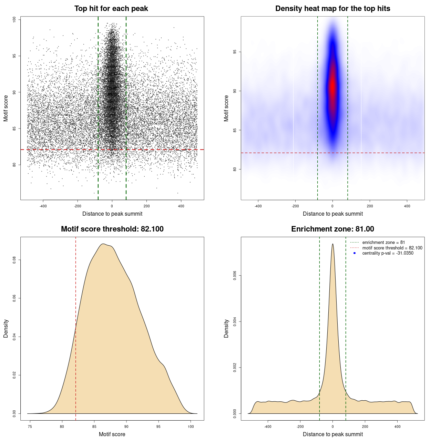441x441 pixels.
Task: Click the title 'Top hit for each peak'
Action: click(111, 9)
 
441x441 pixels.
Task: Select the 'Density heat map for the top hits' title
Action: click(332, 9)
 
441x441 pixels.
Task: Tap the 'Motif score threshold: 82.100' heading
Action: click(112, 229)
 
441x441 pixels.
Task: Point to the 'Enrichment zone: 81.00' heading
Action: click(332, 229)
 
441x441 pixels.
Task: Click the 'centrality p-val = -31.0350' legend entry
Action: click(388, 253)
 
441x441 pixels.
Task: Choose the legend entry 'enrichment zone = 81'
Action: click(383, 243)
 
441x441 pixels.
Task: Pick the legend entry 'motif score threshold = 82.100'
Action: click(392, 248)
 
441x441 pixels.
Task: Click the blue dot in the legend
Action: click(355, 253)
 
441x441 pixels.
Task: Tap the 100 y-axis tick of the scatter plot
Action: click(14, 20)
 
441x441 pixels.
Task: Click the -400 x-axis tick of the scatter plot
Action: click(43, 206)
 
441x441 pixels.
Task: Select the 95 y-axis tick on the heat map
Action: click(235, 52)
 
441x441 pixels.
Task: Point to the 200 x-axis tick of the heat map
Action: click(370, 206)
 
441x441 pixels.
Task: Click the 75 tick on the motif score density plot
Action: click(30, 427)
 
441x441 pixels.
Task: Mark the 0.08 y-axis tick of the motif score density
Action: click(14, 260)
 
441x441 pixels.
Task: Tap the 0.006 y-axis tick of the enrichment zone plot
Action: click(235, 276)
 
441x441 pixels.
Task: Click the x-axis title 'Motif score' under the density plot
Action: click(112, 434)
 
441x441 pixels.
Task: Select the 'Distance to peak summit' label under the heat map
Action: click(332, 214)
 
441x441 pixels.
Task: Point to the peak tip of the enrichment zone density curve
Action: click(332, 244)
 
